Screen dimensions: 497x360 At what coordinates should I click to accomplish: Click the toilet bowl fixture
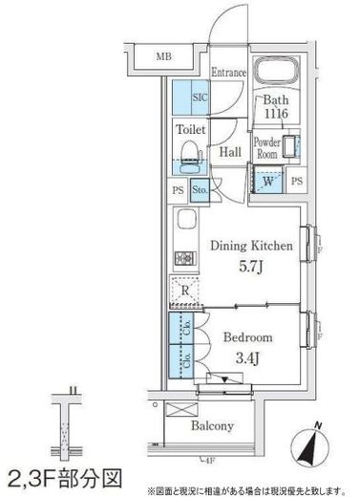(x=188, y=156)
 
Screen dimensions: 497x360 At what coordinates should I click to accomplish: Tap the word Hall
(x=229, y=152)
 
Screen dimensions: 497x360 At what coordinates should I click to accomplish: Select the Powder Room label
(x=266, y=148)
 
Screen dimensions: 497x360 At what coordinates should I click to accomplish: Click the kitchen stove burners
(x=184, y=257)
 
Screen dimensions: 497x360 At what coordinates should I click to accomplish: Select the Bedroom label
(x=247, y=337)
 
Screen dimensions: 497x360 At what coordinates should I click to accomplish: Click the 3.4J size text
(x=247, y=358)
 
